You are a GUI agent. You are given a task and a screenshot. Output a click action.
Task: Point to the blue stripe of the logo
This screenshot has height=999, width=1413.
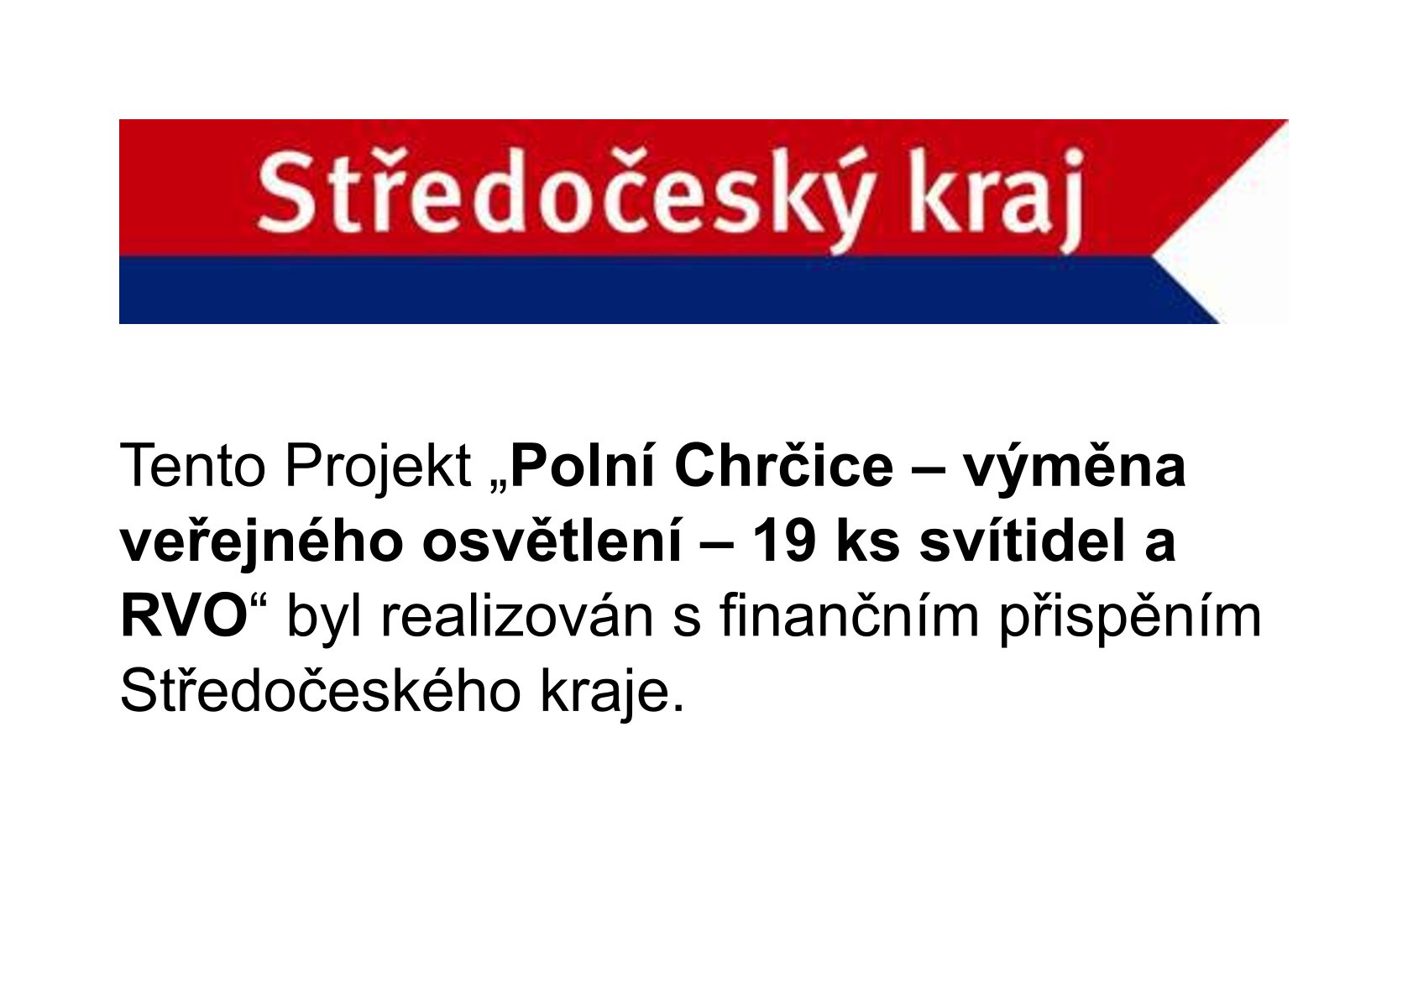(668, 290)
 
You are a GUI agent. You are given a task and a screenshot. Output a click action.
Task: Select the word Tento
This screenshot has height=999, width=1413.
(192, 468)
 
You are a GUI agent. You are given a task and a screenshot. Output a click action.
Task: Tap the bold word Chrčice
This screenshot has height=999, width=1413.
(784, 467)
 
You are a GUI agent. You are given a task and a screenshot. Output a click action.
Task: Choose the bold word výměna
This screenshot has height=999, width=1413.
(1075, 470)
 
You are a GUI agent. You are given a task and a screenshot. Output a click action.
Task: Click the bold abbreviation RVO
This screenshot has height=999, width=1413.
(184, 616)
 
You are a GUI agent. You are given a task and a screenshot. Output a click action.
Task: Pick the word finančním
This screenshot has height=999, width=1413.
(849, 616)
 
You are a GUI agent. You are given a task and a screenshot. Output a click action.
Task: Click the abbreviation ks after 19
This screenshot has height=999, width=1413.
(868, 541)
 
